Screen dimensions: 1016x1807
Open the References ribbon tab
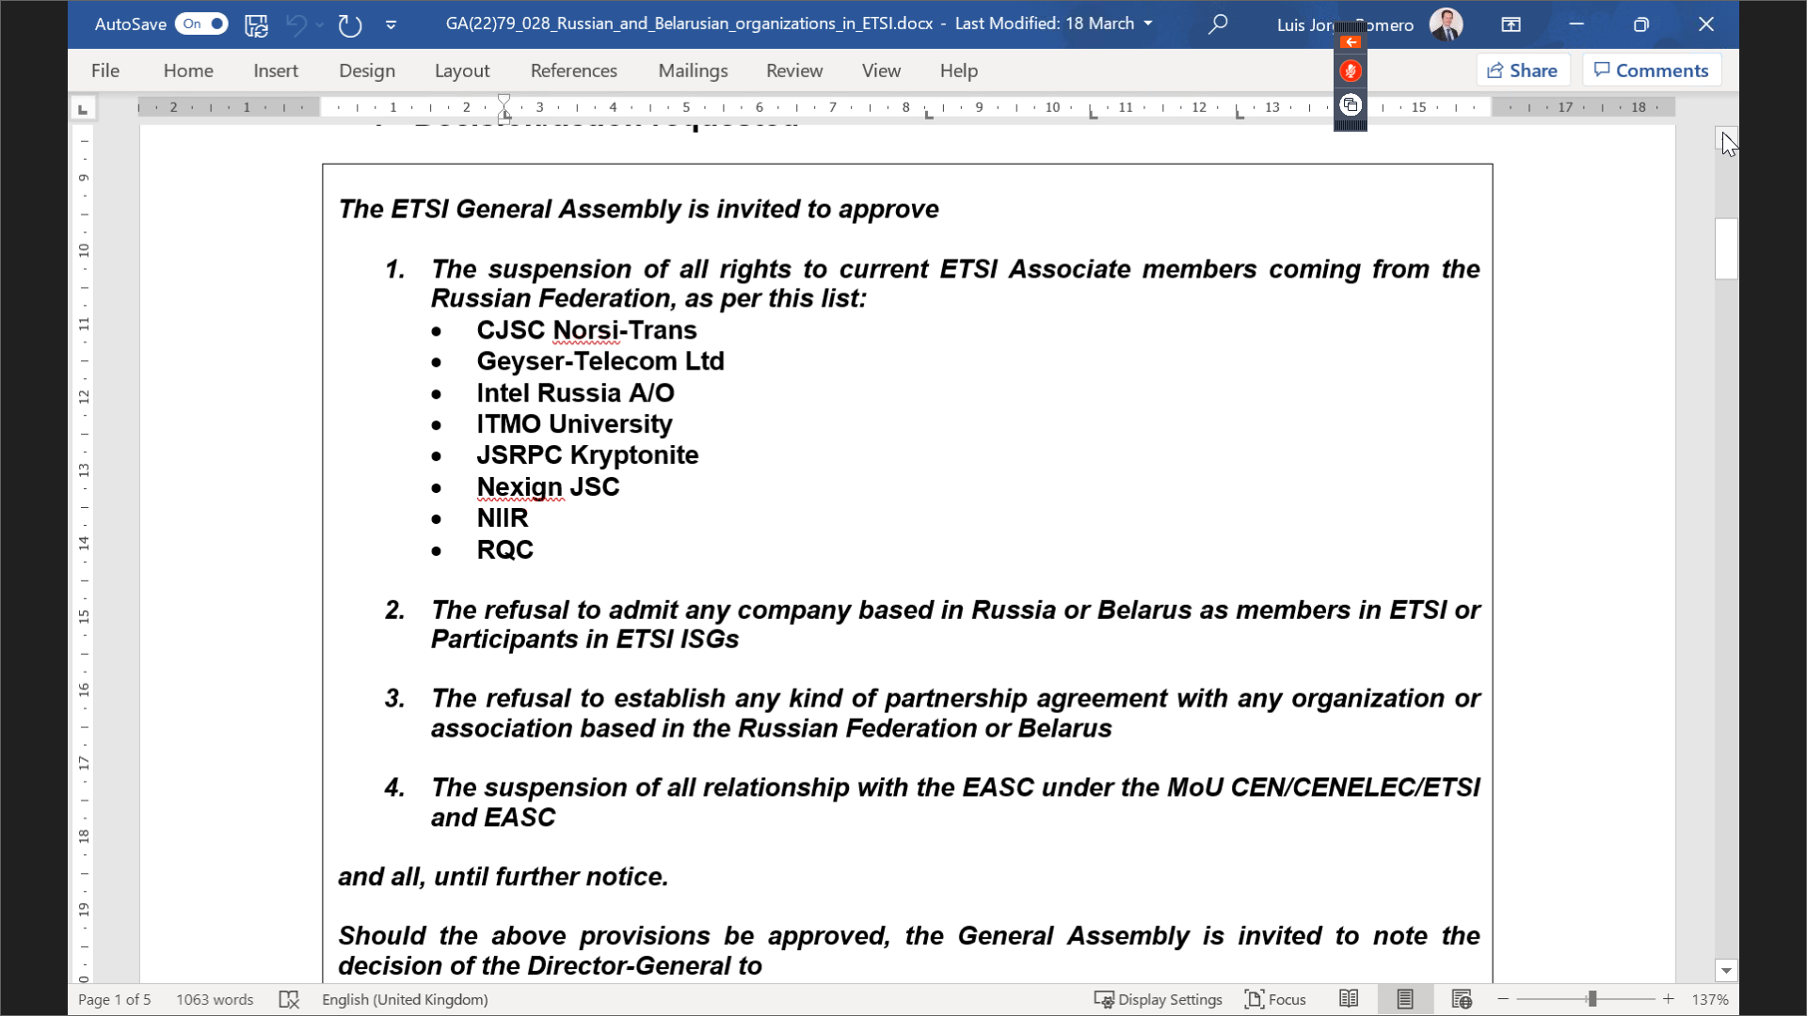573,71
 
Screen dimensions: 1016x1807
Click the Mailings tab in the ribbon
693,71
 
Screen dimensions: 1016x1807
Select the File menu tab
104,71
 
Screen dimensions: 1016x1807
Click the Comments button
1652,71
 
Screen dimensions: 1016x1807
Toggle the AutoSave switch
201,24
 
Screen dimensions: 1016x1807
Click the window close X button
1705,24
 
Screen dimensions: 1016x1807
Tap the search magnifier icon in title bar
1218,24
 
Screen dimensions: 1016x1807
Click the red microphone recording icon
1351,71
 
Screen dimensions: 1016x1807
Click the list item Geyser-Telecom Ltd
600,361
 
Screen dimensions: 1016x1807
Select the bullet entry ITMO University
574,424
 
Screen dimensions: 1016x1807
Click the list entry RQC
504,550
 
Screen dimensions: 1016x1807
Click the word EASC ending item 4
519,818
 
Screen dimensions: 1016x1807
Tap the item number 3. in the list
394,698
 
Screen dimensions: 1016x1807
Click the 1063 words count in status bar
215,999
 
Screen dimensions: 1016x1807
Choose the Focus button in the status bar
1275,999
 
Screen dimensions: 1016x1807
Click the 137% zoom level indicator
1709,999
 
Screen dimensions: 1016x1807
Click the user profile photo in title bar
1446,24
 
